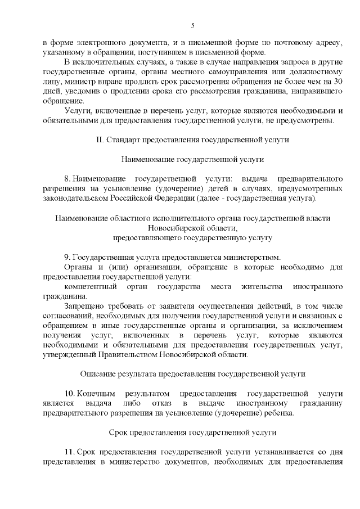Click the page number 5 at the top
pos(192,25)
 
